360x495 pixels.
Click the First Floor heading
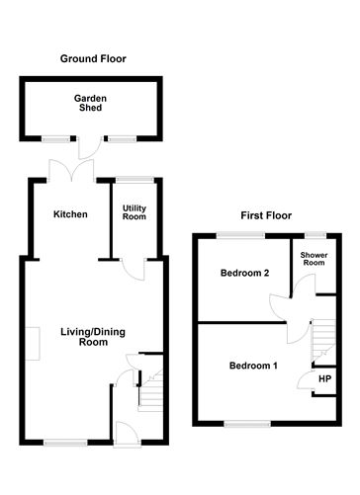tap(266, 214)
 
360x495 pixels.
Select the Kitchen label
tap(70, 214)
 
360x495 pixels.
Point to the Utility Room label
tap(135, 214)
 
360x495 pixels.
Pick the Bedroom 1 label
tap(254, 366)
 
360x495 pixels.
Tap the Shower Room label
tap(314, 259)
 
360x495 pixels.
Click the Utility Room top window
tap(135, 179)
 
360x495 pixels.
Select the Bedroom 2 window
tap(241, 234)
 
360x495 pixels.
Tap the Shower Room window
tap(315, 234)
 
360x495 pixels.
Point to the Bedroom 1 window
tap(241, 424)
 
